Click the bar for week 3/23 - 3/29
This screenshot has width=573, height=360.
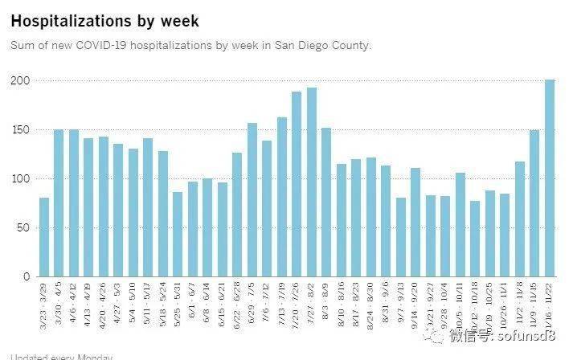coord(44,237)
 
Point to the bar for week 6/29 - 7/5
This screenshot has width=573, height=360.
coord(252,200)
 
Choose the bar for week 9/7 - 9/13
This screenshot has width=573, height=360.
coord(401,237)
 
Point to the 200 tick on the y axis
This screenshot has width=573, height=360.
coord(20,81)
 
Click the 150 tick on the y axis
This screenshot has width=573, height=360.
coord(20,130)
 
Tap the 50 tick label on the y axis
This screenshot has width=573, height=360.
coord(23,227)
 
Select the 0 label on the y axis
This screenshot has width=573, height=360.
coord(27,276)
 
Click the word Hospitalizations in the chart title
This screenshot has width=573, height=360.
coord(69,20)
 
